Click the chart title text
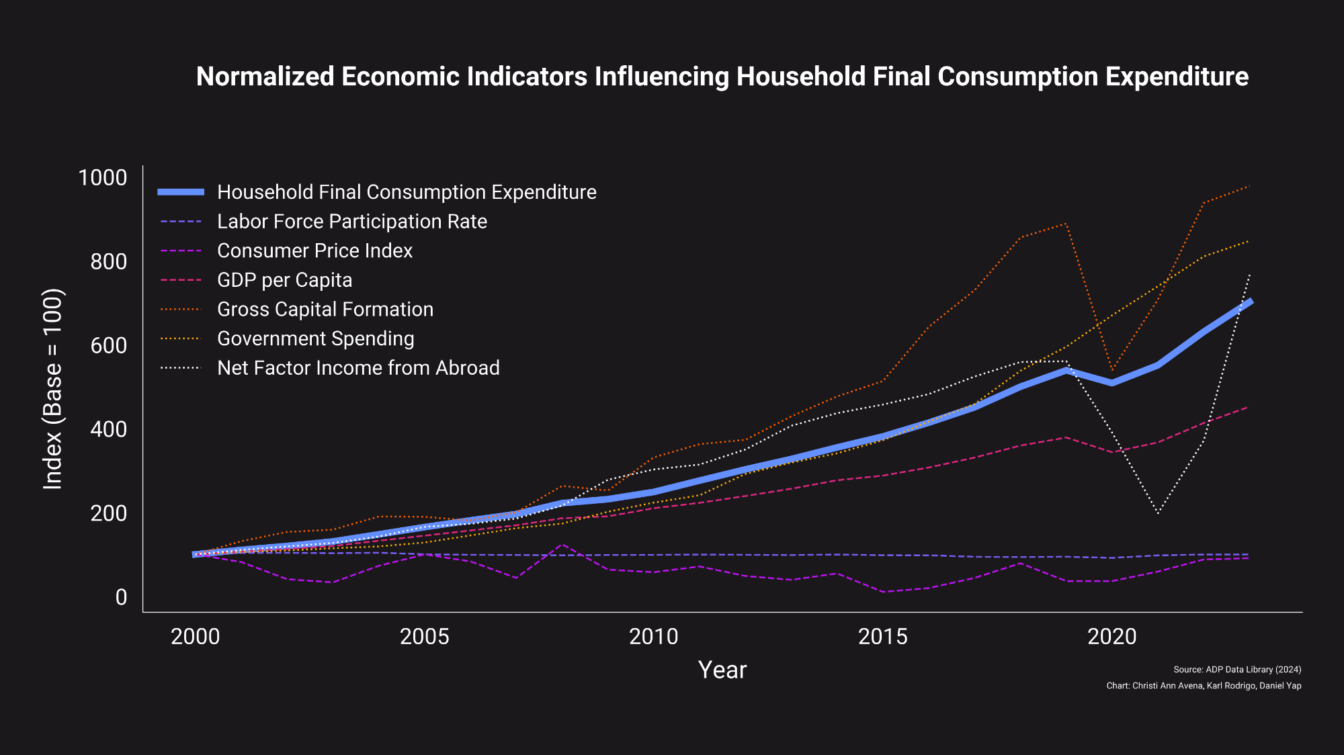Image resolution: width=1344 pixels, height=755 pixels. coord(722,77)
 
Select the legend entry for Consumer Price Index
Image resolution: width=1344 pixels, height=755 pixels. coord(314,251)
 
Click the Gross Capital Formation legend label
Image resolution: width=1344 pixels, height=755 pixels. coord(325,309)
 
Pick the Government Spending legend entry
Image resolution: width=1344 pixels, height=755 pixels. coord(315,339)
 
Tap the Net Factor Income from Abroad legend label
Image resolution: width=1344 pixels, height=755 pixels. coord(358,368)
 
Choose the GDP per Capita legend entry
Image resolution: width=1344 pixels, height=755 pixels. coord(284,280)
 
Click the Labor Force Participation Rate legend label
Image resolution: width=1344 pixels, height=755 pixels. coord(352,222)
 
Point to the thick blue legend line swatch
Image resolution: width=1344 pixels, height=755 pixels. coord(181,192)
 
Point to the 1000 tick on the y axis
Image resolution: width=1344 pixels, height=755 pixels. coord(102,178)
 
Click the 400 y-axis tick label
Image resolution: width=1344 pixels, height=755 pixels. coord(108,429)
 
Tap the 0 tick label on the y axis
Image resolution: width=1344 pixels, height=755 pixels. coord(121,597)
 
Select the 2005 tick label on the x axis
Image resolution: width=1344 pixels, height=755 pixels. coord(424,637)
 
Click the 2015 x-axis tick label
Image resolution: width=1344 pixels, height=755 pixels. coord(882,637)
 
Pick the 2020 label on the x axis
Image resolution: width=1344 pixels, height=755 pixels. coord(1111,637)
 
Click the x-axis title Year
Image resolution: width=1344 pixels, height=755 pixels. coord(722,670)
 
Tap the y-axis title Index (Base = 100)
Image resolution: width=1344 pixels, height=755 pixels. coord(52,389)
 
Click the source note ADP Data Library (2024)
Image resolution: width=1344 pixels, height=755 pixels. coord(1237,670)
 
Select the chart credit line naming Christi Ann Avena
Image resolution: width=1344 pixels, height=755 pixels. coord(1204,686)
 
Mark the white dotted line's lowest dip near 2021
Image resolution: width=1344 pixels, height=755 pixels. coord(1158,514)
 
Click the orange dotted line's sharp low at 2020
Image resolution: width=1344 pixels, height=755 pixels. coord(1112,370)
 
